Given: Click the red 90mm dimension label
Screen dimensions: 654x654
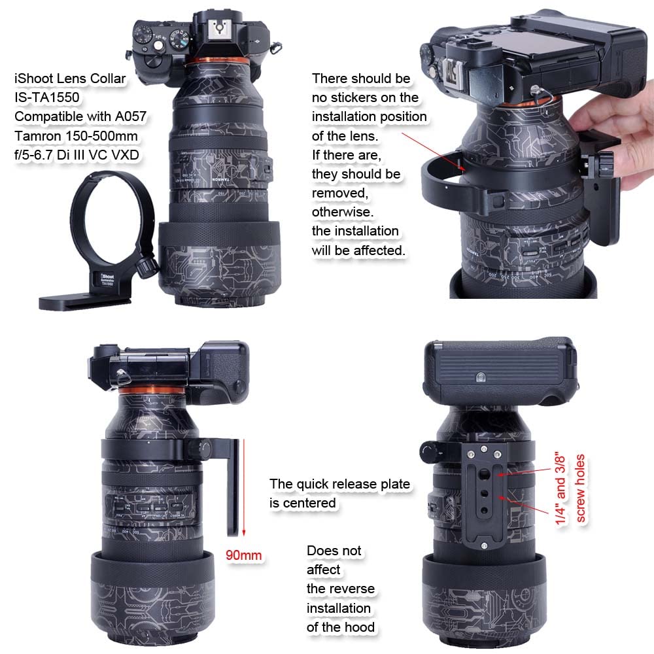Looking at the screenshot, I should (243, 555).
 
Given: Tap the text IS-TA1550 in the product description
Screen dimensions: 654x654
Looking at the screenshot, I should (48, 97).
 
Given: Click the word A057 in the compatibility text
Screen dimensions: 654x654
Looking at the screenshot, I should (130, 116).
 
